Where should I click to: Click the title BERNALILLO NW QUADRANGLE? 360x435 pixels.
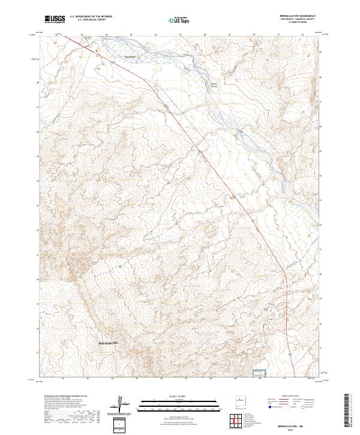[298, 16]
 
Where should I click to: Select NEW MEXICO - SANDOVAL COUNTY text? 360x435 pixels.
[298, 20]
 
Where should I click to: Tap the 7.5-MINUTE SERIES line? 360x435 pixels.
[298, 23]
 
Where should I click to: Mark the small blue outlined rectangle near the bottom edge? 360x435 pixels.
[259, 373]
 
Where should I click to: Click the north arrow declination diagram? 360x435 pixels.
[121, 404]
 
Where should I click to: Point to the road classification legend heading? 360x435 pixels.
[294, 397]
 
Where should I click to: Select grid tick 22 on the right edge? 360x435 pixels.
[325, 224]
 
